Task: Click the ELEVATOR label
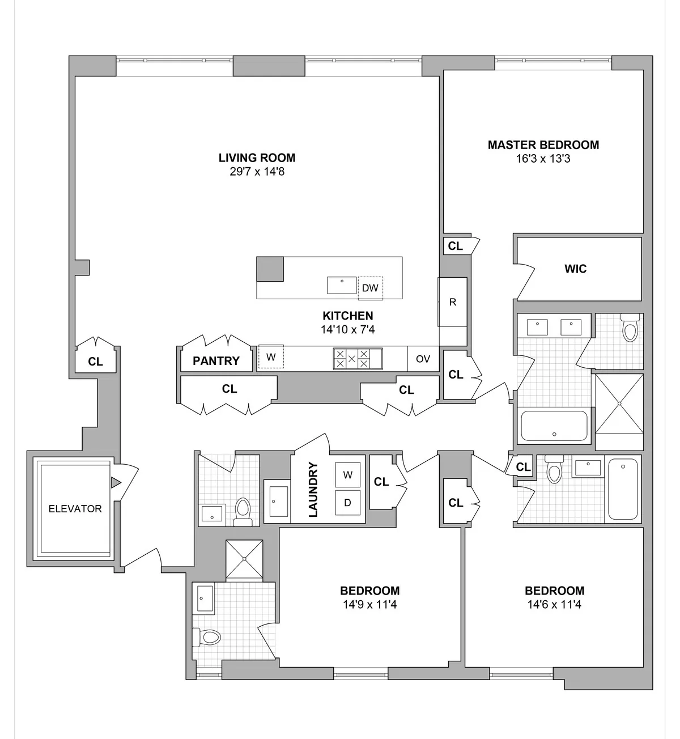pos(75,509)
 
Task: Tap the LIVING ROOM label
pos(257,158)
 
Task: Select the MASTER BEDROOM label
pos(543,145)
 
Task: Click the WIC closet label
pos(575,269)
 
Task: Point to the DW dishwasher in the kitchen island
pos(370,288)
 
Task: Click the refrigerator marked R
pos(452,302)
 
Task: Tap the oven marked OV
pos(423,359)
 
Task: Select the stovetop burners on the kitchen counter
pos(351,359)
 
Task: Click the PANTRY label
pos(216,361)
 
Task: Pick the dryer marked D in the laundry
pos(348,503)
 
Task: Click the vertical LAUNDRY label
pos(313,490)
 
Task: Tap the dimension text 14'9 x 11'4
pos(369,605)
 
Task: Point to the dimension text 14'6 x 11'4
pos(554,605)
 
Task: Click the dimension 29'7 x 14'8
pos(257,171)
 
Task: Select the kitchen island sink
pos(342,285)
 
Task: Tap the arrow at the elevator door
pos(116,483)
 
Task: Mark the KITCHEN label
pos(348,316)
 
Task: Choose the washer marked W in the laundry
pos(348,475)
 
